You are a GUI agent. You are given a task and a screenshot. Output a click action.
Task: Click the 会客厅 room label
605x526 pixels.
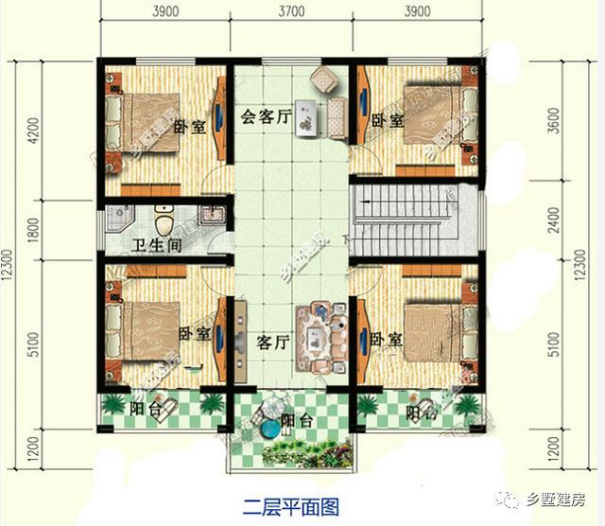(x=262, y=118)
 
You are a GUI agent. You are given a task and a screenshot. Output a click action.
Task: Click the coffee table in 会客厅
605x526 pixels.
(x=306, y=117)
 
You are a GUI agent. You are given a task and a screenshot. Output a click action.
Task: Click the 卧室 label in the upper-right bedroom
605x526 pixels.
(x=387, y=120)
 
